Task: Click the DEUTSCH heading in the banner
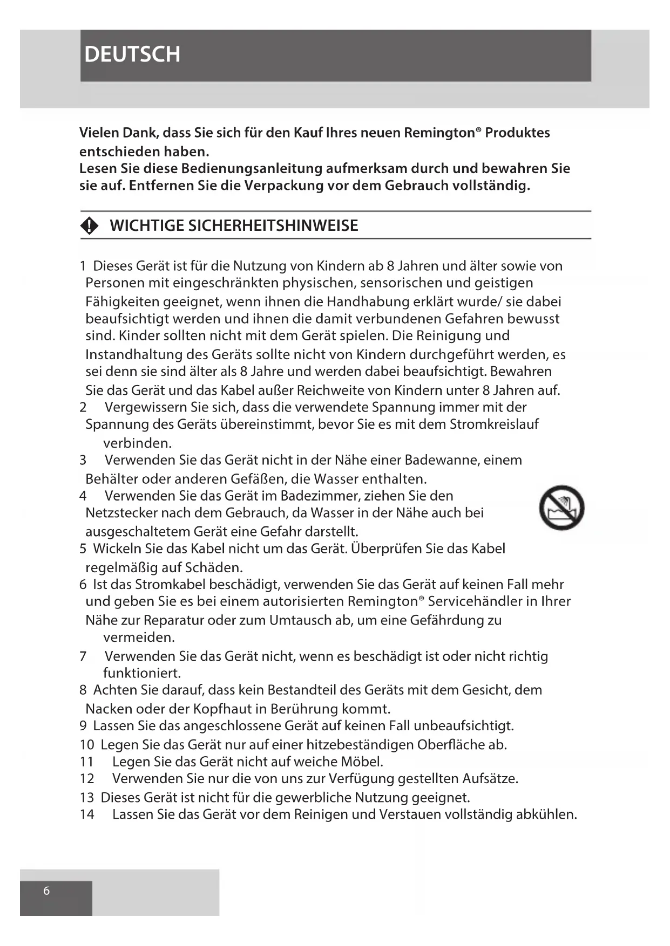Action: tap(132, 54)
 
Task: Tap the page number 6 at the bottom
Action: tap(46, 890)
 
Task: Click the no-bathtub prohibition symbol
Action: tap(561, 508)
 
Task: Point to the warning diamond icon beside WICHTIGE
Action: tap(90, 225)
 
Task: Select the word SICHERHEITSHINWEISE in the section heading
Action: tap(273, 225)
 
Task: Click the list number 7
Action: tap(83, 656)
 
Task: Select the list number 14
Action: tap(87, 814)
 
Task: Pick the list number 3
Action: tap(83, 460)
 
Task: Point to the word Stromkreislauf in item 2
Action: tap(494, 424)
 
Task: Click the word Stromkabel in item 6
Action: tap(170, 585)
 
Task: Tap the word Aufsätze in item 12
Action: tap(490, 779)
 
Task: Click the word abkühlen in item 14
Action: tap(546, 814)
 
